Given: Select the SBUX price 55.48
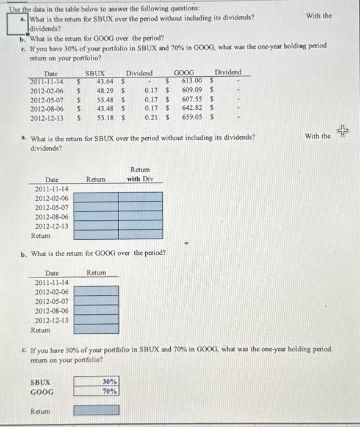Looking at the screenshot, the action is pyautogui.click(x=106, y=99).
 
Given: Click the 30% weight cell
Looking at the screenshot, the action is pyautogui.click(x=110, y=381).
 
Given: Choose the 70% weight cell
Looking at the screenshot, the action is pyautogui.click(x=110, y=391).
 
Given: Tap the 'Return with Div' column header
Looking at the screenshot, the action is pyautogui.click(x=140, y=174).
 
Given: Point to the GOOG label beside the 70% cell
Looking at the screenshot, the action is pyautogui.click(x=41, y=392).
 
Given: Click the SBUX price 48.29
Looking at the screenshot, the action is pyautogui.click(x=106, y=91).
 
